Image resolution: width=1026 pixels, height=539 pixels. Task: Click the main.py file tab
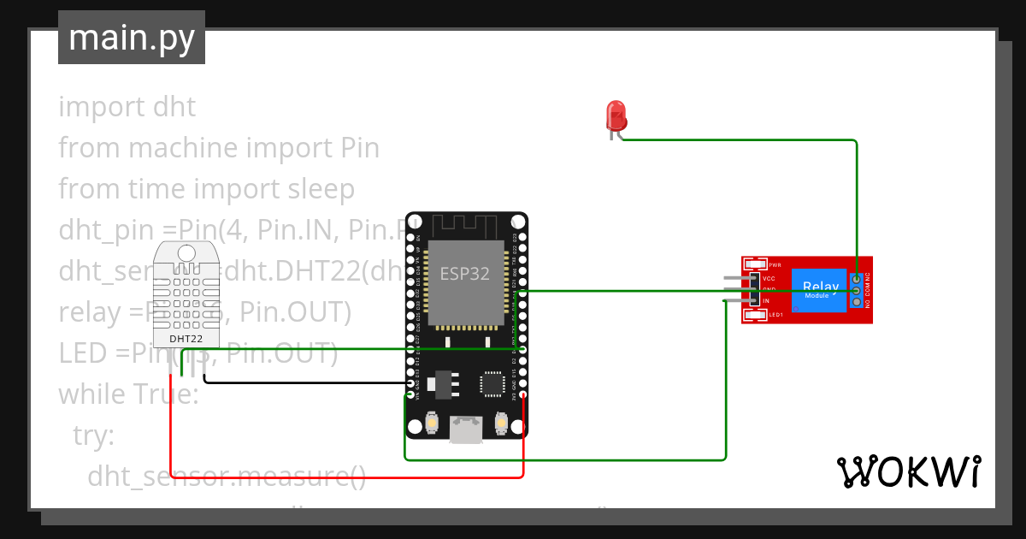tap(132, 38)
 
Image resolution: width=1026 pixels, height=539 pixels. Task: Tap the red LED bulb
tap(616, 115)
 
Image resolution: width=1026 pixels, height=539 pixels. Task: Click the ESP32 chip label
tap(465, 274)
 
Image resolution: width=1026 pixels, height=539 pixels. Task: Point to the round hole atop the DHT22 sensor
tap(186, 253)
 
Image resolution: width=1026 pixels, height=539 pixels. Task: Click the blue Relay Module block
tap(818, 289)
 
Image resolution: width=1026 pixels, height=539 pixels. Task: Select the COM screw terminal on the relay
tap(856, 290)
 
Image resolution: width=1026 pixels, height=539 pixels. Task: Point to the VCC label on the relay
tap(769, 279)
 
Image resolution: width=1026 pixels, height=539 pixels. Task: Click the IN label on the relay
tap(766, 301)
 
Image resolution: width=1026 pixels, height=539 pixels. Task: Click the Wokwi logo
tap(908, 471)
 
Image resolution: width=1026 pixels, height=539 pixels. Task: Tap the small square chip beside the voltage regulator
tap(493, 383)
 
